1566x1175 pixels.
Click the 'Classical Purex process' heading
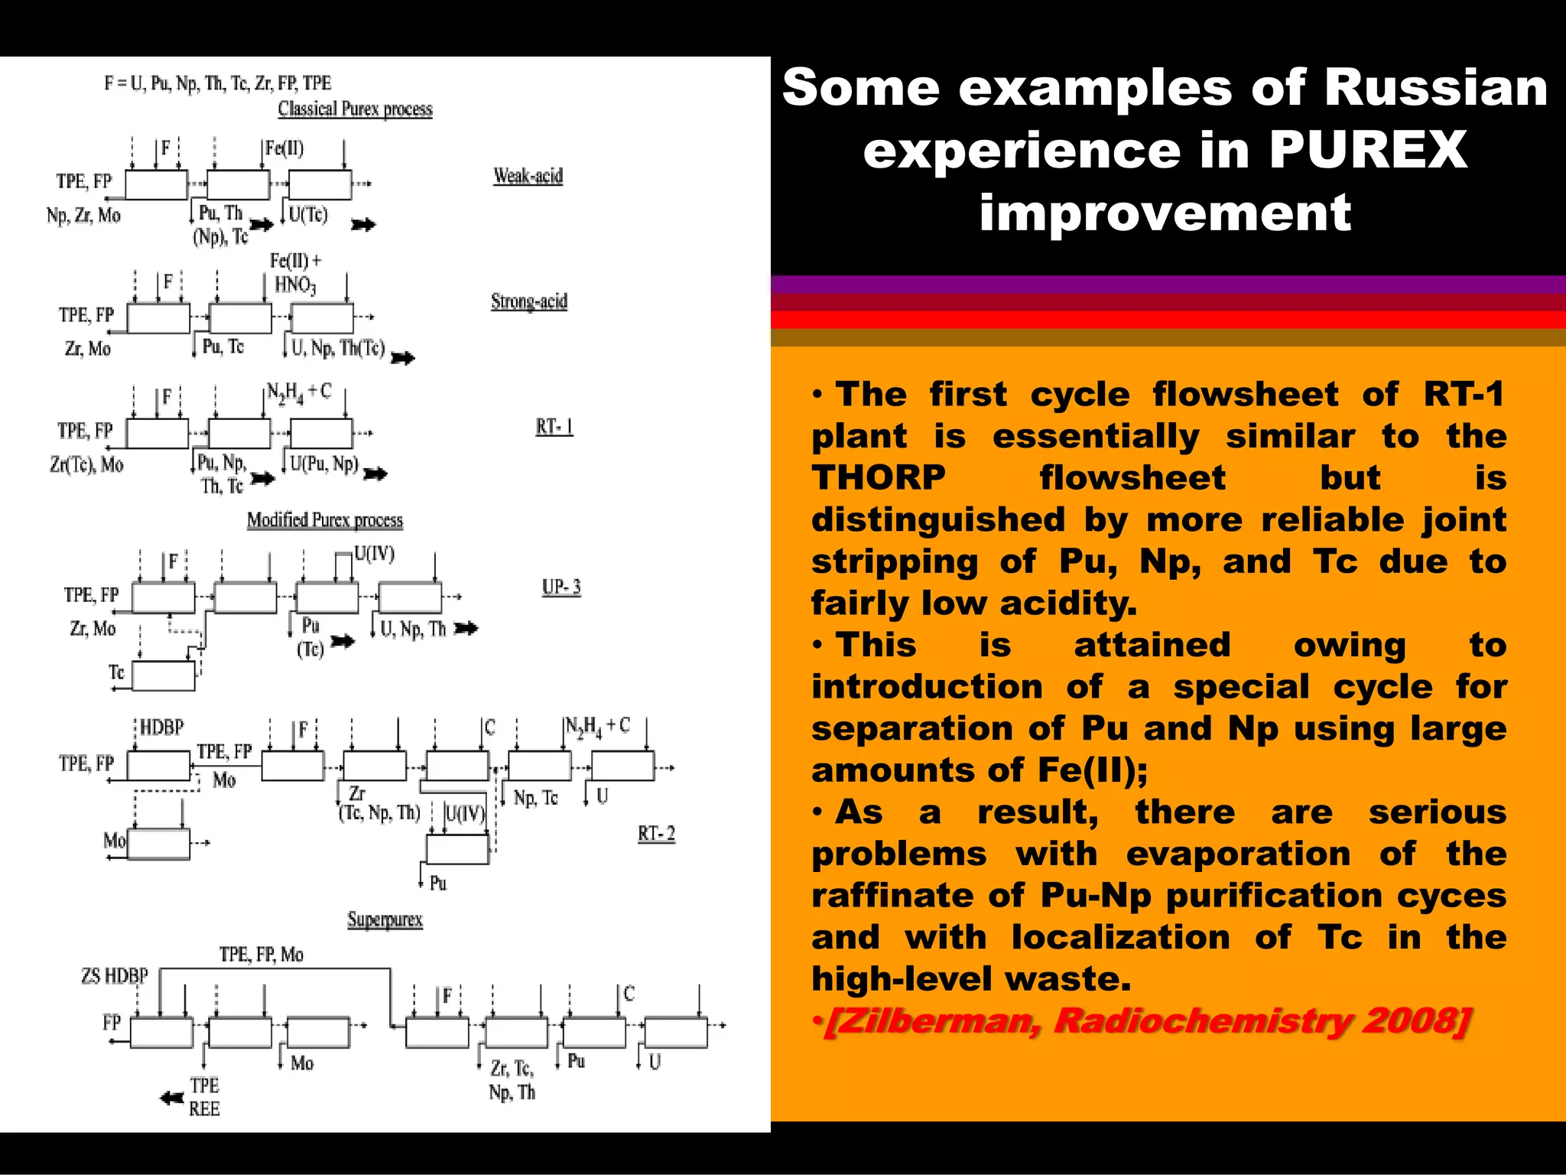[355, 109]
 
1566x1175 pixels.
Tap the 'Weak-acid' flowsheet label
[528, 176]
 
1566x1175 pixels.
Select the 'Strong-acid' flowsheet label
[529, 301]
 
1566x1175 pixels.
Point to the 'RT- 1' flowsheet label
[554, 427]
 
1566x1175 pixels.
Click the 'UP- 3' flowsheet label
[561, 587]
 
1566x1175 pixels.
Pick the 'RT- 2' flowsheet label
[657, 834]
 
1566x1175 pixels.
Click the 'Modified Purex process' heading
[324, 520]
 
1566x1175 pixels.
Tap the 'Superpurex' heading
[385, 919]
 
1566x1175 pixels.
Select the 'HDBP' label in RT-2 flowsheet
[161, 727]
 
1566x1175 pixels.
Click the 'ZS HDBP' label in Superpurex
[115, 976]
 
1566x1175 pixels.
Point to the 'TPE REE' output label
[204, 1097]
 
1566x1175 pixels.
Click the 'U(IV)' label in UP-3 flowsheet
[374, 553]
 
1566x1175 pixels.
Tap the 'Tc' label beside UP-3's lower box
[116, 672]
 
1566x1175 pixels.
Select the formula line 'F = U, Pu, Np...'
[218, 83]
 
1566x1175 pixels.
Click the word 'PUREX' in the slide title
[1368, 150]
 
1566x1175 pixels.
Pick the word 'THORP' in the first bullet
[879, 478]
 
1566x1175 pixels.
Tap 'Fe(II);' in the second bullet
[1093, 770]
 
